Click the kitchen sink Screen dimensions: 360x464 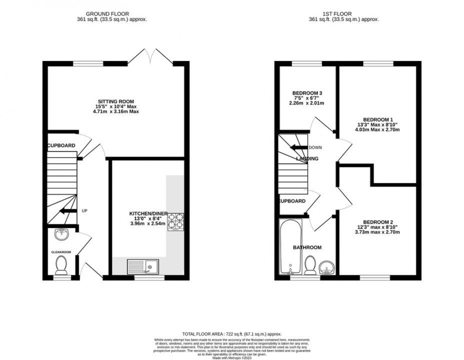click(x=143, y=266)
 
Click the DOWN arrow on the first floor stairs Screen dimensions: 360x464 click(x=299, y=147)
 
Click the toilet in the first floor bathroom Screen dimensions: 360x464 click(x=311, y=265)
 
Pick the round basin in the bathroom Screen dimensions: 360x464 click(x=326, y=268)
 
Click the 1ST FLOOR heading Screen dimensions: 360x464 click(x=343, y=14)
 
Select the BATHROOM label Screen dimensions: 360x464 click(x=307, y=248)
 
